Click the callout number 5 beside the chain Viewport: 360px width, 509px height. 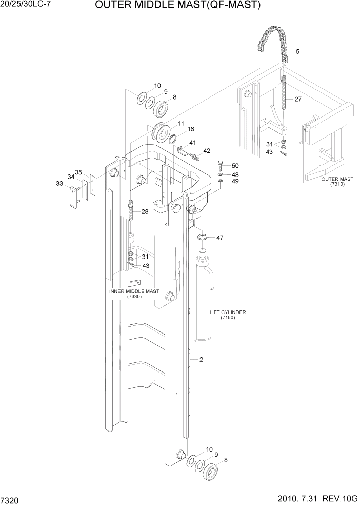(297, 52)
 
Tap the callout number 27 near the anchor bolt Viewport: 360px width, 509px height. (298, 100)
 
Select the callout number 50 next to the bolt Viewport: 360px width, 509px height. (235, 165)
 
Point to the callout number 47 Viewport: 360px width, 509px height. (219, 238)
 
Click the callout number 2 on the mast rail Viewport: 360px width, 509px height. (201, 360)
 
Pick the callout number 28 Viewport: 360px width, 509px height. (145, 211)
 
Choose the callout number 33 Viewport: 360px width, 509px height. (59, 183)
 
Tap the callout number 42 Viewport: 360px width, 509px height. (207, 151)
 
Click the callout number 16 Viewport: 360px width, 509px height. (190, 129)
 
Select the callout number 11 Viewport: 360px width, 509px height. (181, 124)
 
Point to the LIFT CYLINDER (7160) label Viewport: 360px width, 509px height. (228, 315)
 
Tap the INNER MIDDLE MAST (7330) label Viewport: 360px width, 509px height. (134, 294)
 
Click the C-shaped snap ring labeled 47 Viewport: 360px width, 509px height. (203, 237)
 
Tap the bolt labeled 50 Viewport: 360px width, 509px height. (220, 166)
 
